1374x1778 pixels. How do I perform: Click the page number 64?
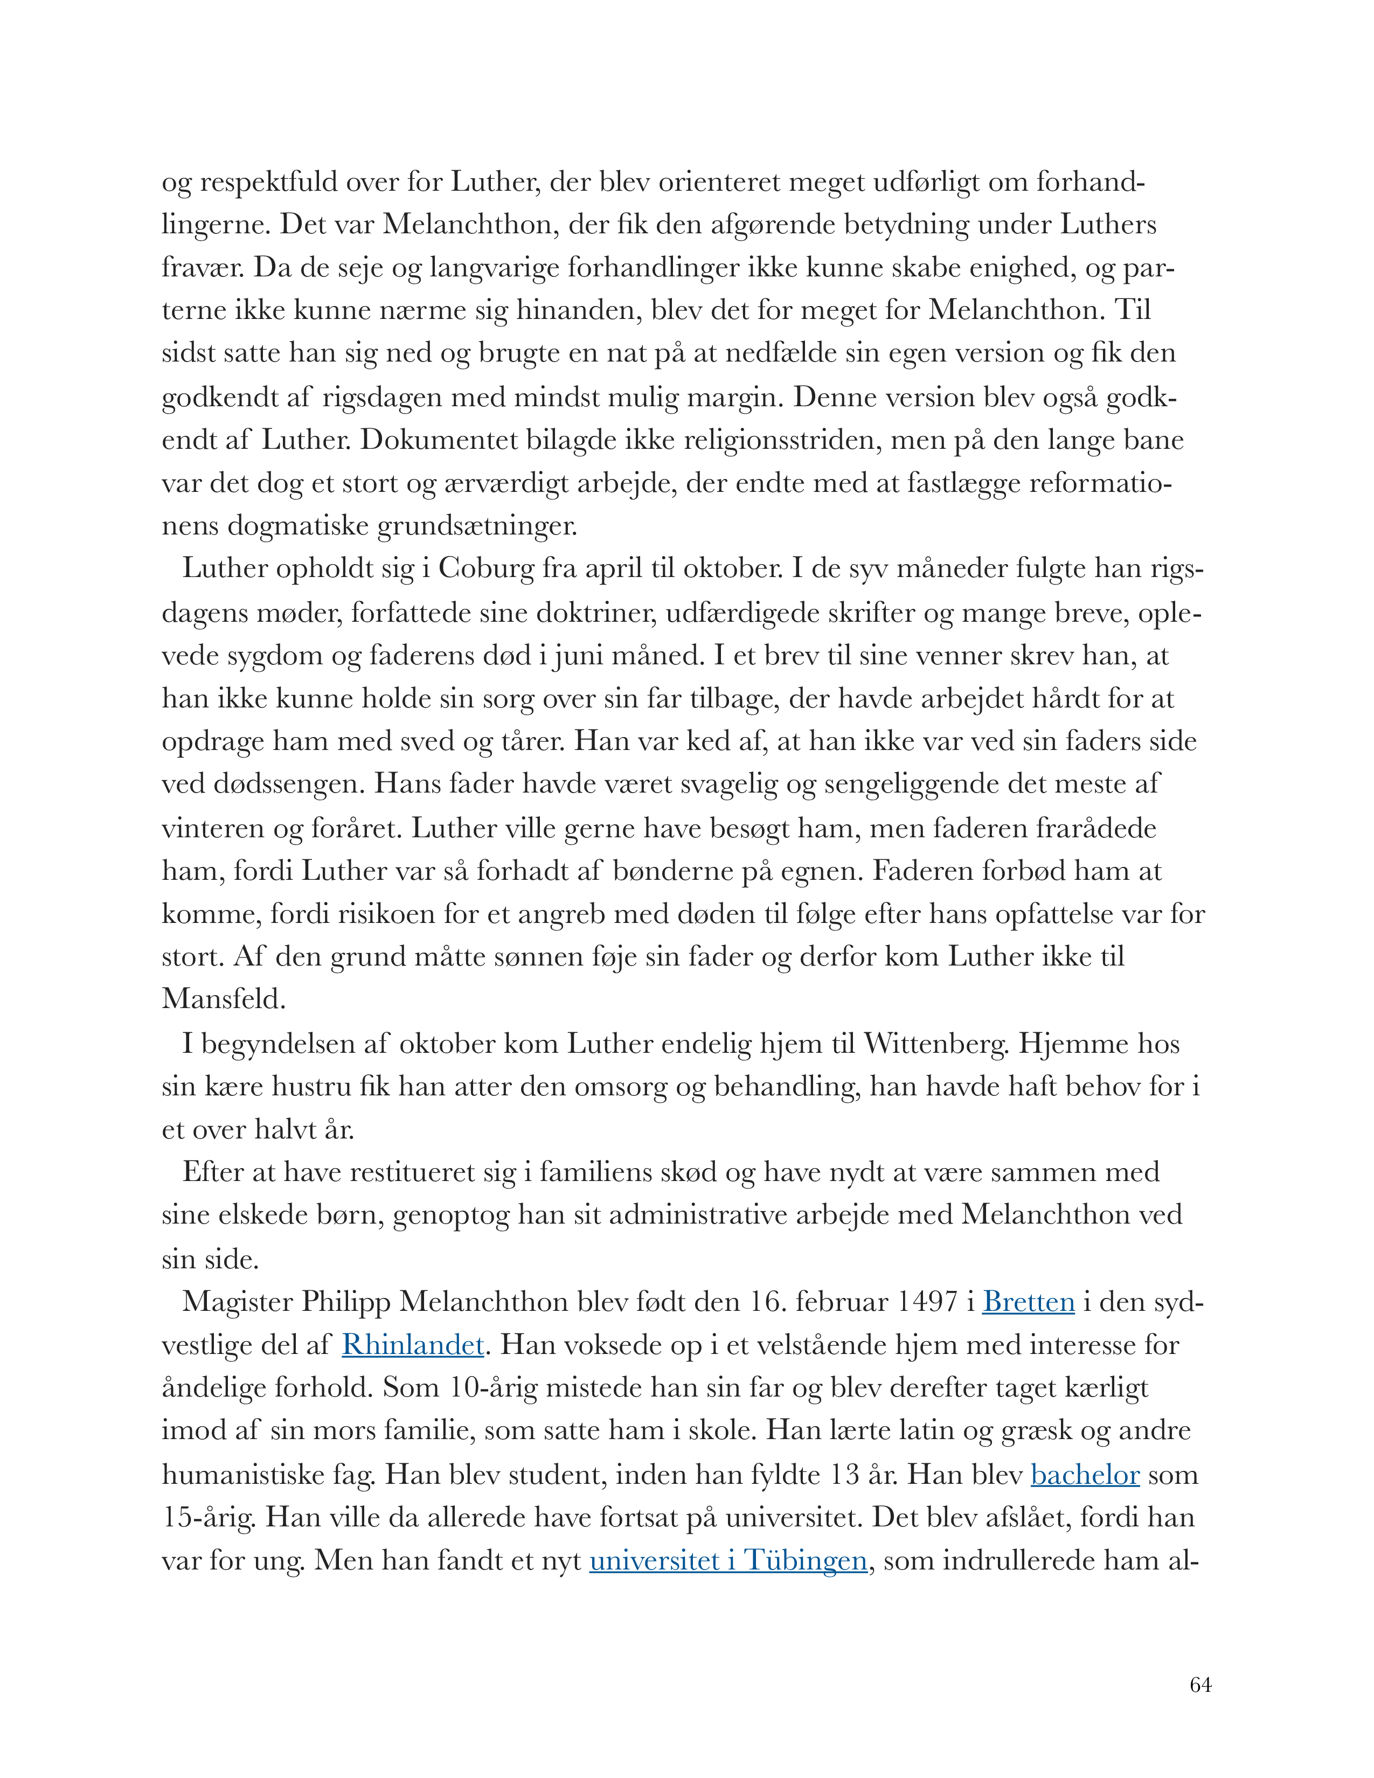coord(1200,1685)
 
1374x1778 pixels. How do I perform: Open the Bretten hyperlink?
coord(1028,1302)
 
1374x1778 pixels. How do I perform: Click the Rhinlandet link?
coord(413,1344)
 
